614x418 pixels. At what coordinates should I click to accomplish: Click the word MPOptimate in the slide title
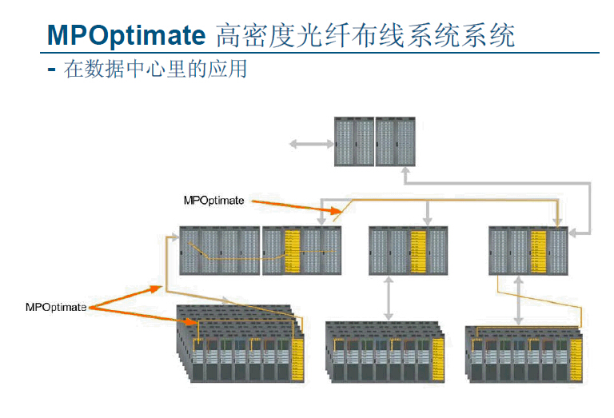click(126, 34)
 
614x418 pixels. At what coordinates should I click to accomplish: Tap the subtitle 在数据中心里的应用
click(155, 70)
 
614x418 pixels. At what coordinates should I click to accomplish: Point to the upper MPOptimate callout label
click(213, 201)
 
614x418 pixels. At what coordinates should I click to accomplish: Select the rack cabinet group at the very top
click(376, 141)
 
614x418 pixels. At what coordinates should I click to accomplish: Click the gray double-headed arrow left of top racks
click(311, 144)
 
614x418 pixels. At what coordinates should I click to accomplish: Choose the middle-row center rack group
click(409, 250)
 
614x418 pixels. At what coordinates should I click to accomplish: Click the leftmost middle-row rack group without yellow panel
click(220, 250)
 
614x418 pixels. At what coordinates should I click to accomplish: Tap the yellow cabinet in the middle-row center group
click(419, 250)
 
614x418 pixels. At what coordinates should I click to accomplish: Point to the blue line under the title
click(320, 53)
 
